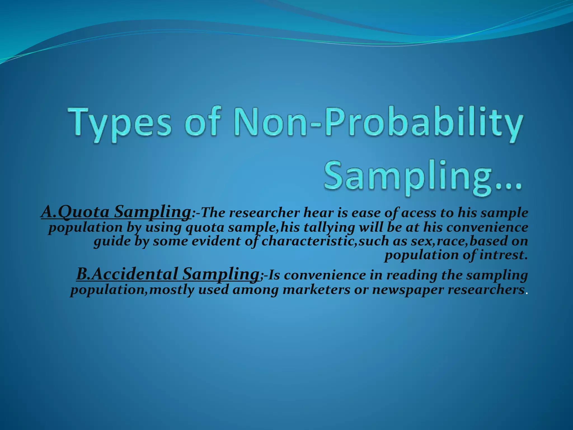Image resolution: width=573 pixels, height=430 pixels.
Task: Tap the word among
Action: (x=255, y=289)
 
